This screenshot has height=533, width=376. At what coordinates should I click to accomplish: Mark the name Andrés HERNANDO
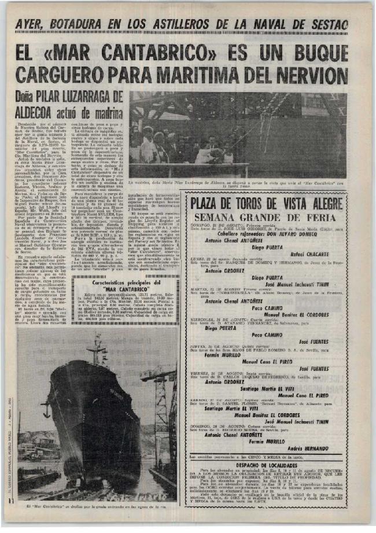(309, 433)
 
